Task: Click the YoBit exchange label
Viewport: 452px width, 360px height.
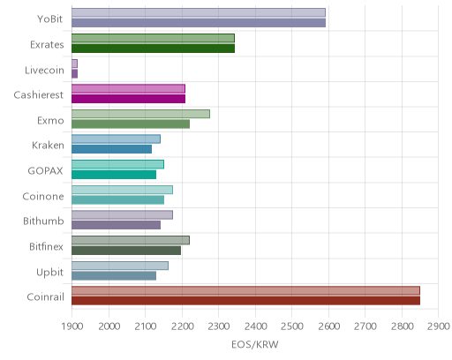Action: tap(49, 19)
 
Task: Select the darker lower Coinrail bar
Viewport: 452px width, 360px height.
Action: tap(245, 301)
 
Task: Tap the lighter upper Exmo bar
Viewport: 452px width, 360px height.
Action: tap(140, 114)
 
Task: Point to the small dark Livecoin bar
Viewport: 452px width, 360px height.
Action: tap(74, 74)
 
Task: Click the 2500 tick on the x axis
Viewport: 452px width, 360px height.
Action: tap(291, 326)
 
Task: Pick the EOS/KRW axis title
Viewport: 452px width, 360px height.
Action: tap(255, 344)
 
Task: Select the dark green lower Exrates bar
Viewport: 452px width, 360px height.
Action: tap(153, 49)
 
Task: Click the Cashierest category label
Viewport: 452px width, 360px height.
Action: tap(39, 95)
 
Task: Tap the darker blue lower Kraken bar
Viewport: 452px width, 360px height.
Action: tap(111, 149)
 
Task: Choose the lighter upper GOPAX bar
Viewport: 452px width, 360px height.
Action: tap(117, 164)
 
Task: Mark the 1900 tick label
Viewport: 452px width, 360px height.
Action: tap(72, 326)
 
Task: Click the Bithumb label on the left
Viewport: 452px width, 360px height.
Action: tap(43, 221)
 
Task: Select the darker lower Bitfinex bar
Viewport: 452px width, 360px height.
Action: tap(126, 251)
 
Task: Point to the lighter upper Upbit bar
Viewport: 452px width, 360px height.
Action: tap(120, 266)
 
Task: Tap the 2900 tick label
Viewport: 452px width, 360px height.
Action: tap(439, 326)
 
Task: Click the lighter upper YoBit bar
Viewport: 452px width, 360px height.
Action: tap(199, 12)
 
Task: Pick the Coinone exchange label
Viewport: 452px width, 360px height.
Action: tap(43, 196)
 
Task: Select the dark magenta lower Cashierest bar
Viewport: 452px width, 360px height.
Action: tap(128, 99)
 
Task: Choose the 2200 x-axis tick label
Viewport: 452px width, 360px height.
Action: tap(182, 326)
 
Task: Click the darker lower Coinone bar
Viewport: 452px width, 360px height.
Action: tap(117, 200)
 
